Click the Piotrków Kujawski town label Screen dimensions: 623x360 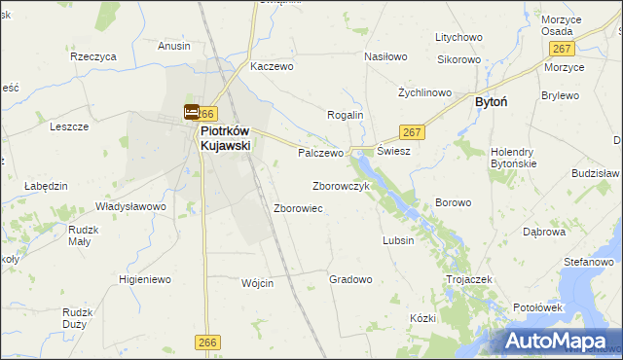pyautogui.click(x=225, y=138)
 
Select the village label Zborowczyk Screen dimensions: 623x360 pyautogui.click(x=341, y=186)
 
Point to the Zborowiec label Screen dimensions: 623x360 pyautogui.click(x=299, y=208)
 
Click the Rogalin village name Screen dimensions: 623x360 pyautogui.click(x=345, y=115)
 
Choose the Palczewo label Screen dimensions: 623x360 pyautogui.click(x=321, y=153)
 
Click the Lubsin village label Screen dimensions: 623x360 pyautogui.click(x=398, y=240)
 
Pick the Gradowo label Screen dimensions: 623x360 pyautogui.click(x=350, y=279)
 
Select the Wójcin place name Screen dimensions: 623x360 pyautogui.click(x=257, y=283)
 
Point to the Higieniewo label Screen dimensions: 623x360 pyautogui.click(x=145, y=279)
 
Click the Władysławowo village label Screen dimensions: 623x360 pyautogui.click(x=130, y=206)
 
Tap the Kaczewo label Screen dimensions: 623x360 pyautogui.click(x=272, y=67)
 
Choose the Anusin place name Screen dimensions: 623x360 pyautogui.click(x=174, y=46)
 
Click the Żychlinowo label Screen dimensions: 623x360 pyautogui.click(x=425, y=92)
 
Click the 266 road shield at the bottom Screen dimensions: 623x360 pyautogui.click(x=206, y=342)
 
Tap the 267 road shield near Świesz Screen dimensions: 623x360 pyautogui.click(x=411, y=132)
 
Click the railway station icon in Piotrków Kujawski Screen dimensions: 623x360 pyautogui.click(x=192, y=113)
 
